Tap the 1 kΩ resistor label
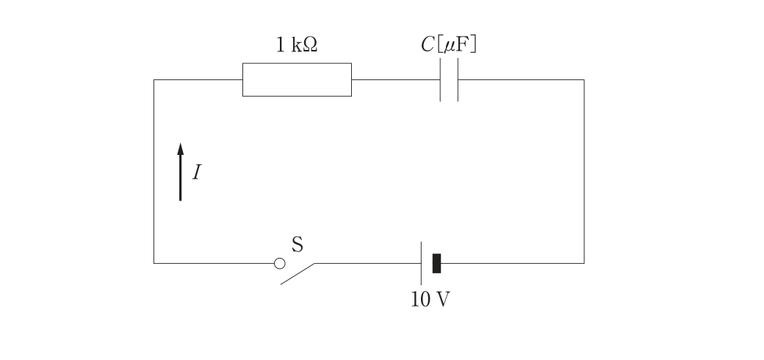coord(297,46)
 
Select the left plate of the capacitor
coord(441,80)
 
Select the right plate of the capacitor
coord(458,80)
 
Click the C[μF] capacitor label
coord(449,44)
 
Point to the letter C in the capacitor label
coord(428,44)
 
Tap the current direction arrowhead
coord(180,148)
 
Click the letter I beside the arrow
coord(196,173)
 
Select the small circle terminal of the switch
coord(280,264)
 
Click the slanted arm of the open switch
coord(298,274)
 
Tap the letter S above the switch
coord(298,245)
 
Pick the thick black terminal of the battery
coord(436,264)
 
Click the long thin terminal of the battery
coord(422,264)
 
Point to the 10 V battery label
coord(430,300)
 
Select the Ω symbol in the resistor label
coord(310,46)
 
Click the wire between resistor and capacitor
coord(396,80)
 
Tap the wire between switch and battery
coord(368,264)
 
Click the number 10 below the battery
coord(419,300)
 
